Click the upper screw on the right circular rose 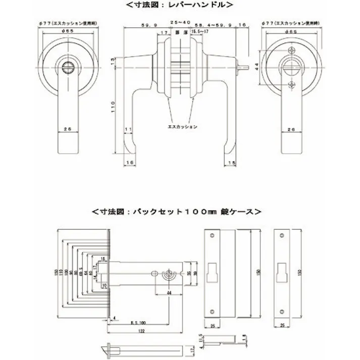point(291,49)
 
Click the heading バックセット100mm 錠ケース point(177,210)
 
